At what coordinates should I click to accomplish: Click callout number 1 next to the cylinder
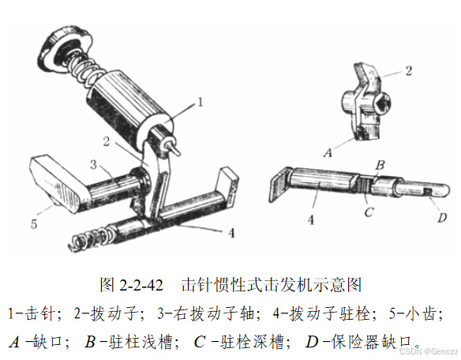click(x=201, y=103)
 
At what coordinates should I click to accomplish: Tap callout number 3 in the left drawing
click(x=93, y=164)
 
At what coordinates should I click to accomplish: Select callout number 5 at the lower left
click(x=34, y=224)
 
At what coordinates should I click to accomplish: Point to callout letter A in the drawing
click(x=328, y=152)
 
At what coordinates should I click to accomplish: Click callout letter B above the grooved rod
click(x=380, y=165)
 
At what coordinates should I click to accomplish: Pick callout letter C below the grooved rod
click(x=369, y=212)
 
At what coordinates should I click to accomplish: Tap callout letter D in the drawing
click(x=442, y=217)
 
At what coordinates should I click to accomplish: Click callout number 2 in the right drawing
click(x=409, y=71)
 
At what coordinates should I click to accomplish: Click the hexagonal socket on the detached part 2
click(x=383, y=104)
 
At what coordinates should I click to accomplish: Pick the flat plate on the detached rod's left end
click(x=279, y=185)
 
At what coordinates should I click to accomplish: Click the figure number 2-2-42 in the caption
click(x=141, y=285)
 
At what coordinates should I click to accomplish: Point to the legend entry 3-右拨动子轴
click(x=208, y=313)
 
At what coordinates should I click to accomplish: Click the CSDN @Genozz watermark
click(x=429, y=351)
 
